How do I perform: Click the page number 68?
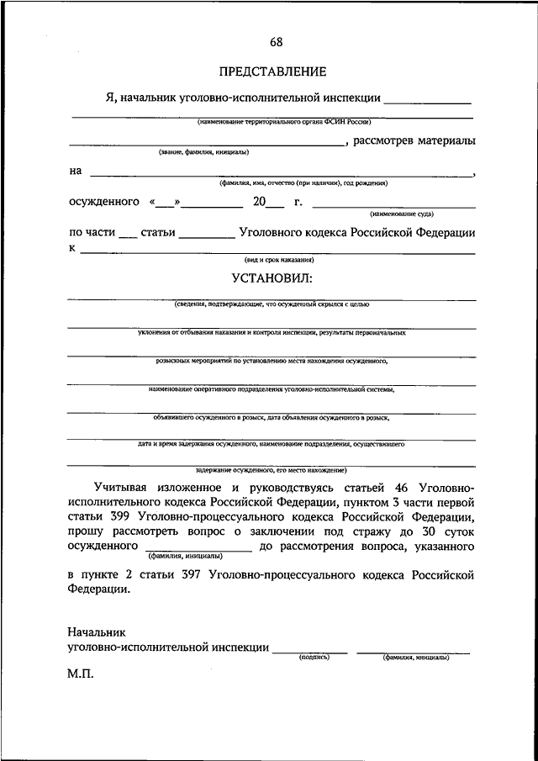click(x=277, y=43)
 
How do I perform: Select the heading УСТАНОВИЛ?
click(x=272, y=277)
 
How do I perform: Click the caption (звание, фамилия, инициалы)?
click(x=203, y=152)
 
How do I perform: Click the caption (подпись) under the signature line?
click(x=314, y=657)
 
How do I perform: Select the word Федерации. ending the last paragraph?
click(x=99, y=589)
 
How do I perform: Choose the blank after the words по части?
click(x=127, y=234)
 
